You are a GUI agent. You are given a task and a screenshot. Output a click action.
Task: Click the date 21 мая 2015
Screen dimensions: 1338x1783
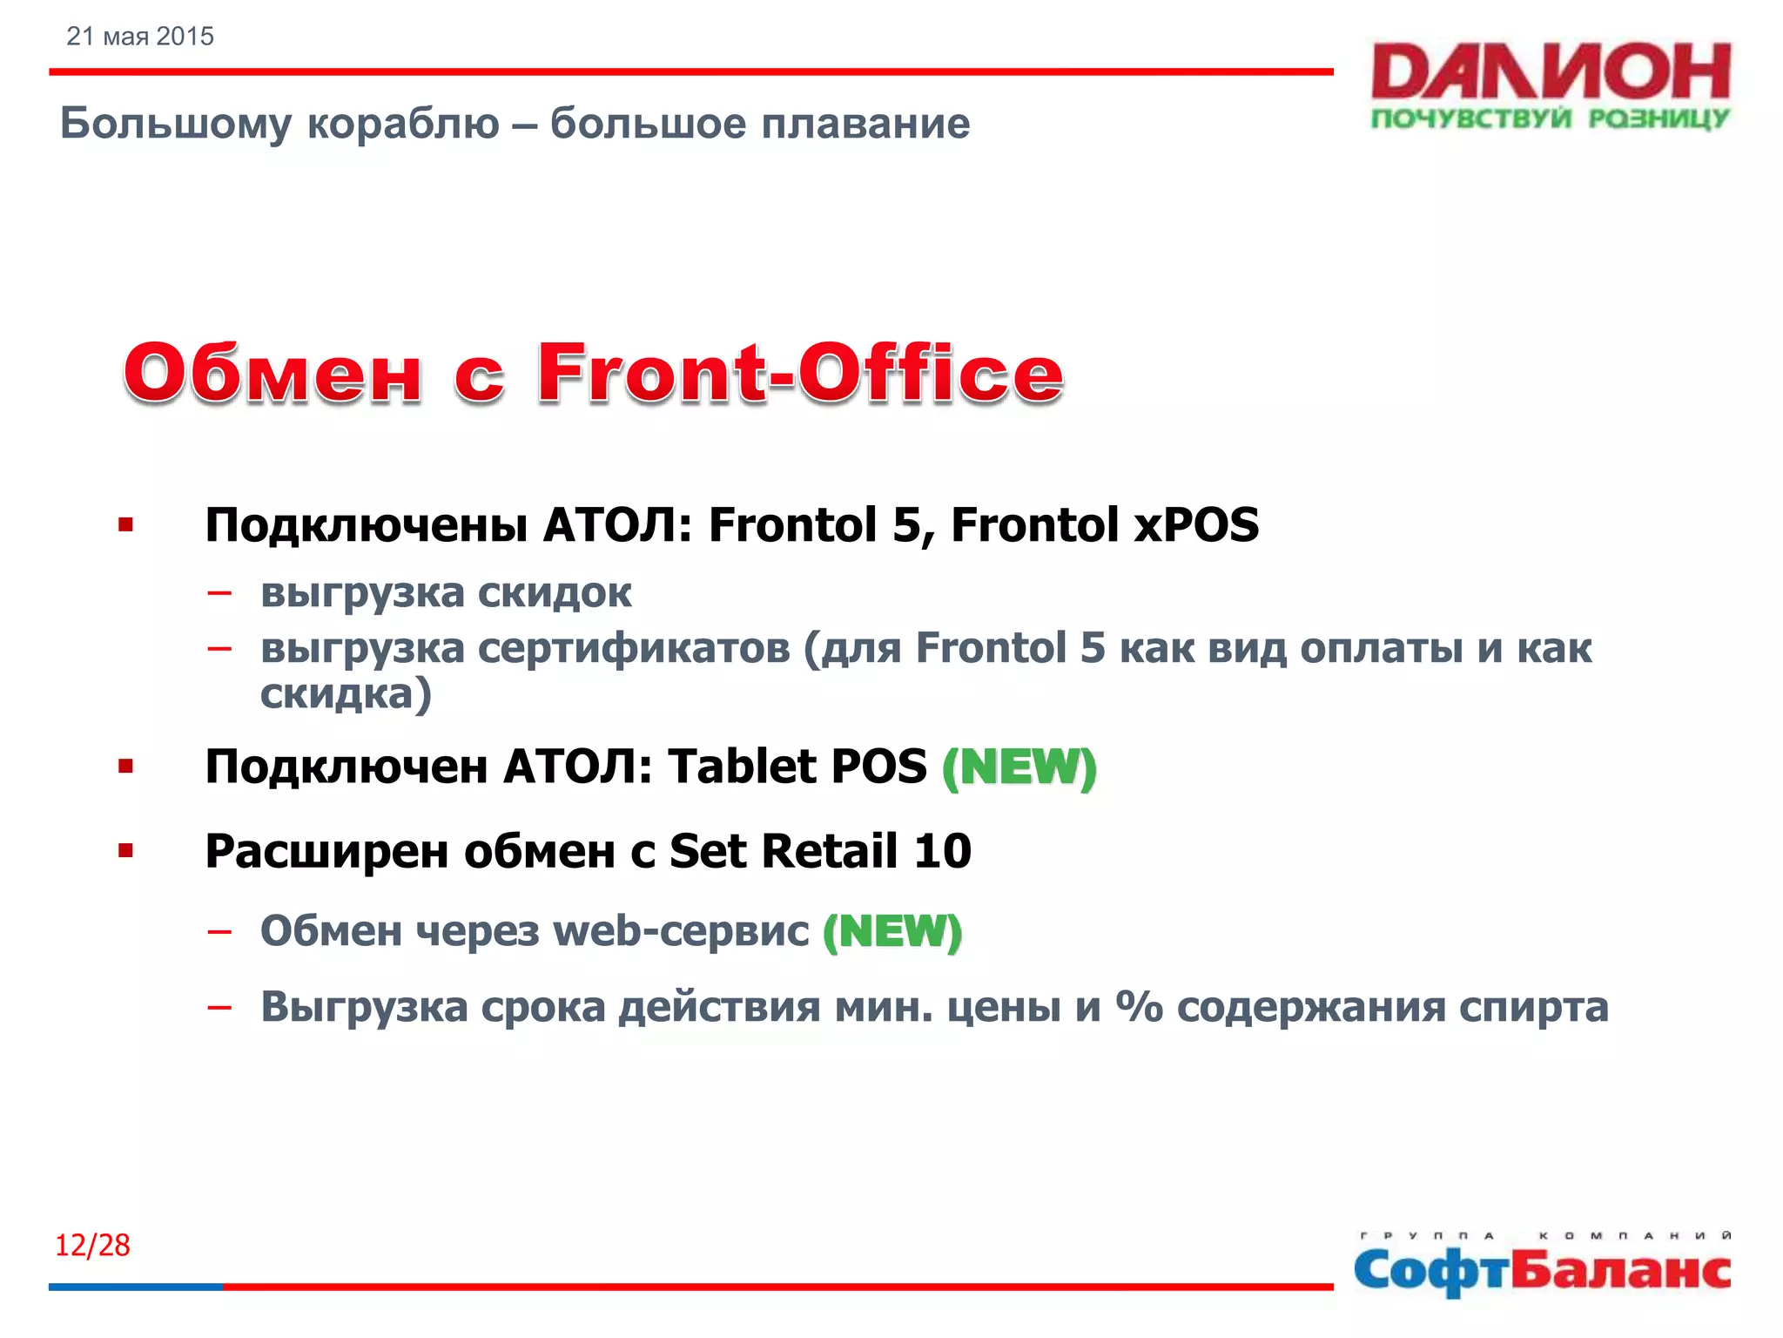coord(140,37)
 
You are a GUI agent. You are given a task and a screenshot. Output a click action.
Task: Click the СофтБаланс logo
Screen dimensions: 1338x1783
coord(1542,1267)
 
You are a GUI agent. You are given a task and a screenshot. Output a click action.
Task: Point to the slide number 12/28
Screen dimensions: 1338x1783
coord(92,1245)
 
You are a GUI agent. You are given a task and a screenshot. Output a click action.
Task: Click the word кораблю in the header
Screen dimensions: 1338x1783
coord(404,123)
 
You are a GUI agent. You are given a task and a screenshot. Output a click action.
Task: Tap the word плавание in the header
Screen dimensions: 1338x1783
coord(865,123)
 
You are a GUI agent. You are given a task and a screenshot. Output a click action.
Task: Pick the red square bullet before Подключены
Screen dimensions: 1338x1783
coord(126,524)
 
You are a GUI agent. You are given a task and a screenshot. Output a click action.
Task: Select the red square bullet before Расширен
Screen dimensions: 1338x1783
coord(126,850)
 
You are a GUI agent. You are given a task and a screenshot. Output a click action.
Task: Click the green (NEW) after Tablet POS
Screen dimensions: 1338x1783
coord(1019,767)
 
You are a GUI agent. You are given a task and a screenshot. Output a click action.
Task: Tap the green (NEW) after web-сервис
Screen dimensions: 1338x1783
coord(892,931)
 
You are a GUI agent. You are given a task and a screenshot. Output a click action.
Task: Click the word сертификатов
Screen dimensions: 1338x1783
coord(634,648)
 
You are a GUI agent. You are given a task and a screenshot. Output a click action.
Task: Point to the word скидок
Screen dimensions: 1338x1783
coord(555,593)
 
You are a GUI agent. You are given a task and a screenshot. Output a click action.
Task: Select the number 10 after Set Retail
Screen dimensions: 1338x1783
coord(942,851)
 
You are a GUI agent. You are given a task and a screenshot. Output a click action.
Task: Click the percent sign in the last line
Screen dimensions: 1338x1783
coord(1140,1006)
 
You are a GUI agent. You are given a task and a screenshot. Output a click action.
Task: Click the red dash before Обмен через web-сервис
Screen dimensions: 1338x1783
coord(219,932)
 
